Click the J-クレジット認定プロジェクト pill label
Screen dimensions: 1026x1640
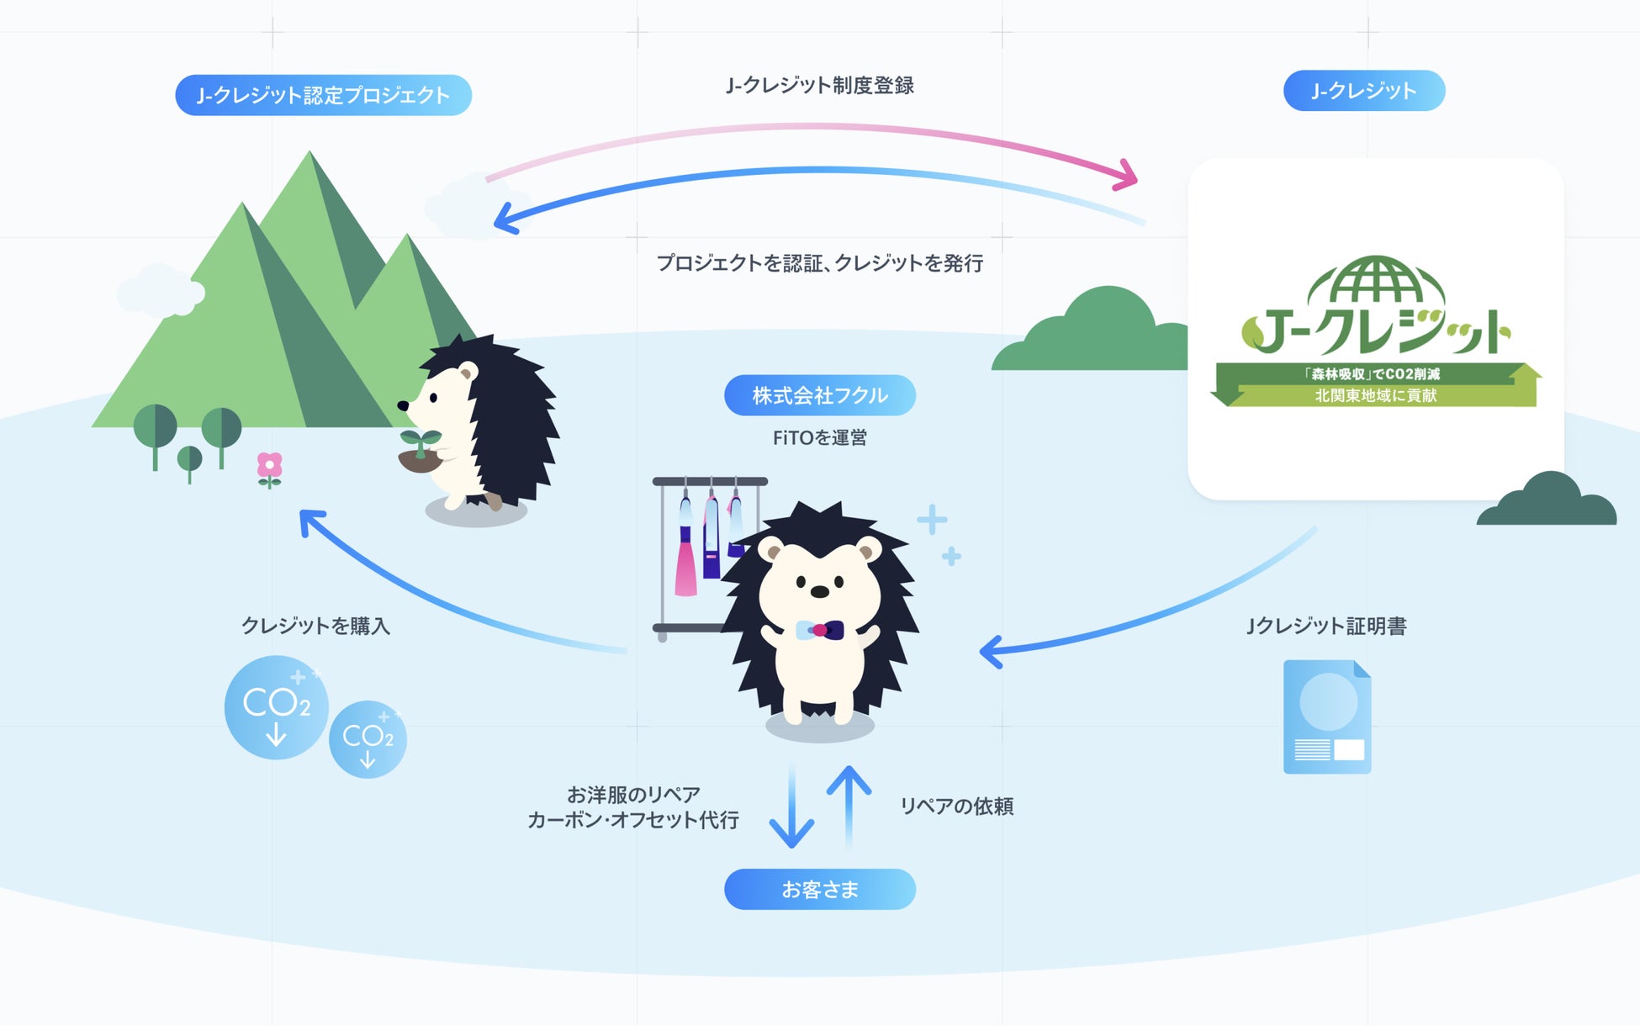pyautogui.click(x=323, y=95)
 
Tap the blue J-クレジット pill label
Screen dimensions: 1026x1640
pyautogui.click(x=1363, y=91)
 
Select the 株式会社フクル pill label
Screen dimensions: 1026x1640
pyautogui.click(x=819, y=395)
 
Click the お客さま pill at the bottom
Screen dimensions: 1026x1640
pyautogui.click(x=819, y=889)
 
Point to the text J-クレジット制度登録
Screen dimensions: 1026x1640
pyautogui.click(x=819, y=85)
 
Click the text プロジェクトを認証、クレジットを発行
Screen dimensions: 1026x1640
pyautogui.click(x=819, y=263)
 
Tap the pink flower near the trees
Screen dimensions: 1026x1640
pyautogui.click(x=269, y=467)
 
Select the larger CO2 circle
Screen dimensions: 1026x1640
pyautogui.click(x=276, y=707)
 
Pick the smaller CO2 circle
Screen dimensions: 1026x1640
pyautogui.click(x=368, y=739)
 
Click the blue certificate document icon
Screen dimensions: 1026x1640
pyautogui.click(x=1326, y=717)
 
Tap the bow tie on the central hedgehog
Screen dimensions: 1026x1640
pyautogui.click(x=819, y=630)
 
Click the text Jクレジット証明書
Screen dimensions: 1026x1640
pyautogui.click(x=1326, y=626)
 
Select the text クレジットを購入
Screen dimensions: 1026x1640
pyautogui.click(x=315, y=626)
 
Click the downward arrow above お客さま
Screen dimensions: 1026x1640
pyautogui.click(x=791, y=807)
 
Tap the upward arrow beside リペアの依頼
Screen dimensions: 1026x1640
pyautogui.click(x=849, y=803)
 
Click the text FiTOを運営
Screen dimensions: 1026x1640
pyautogui.click(x=819, y=437)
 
